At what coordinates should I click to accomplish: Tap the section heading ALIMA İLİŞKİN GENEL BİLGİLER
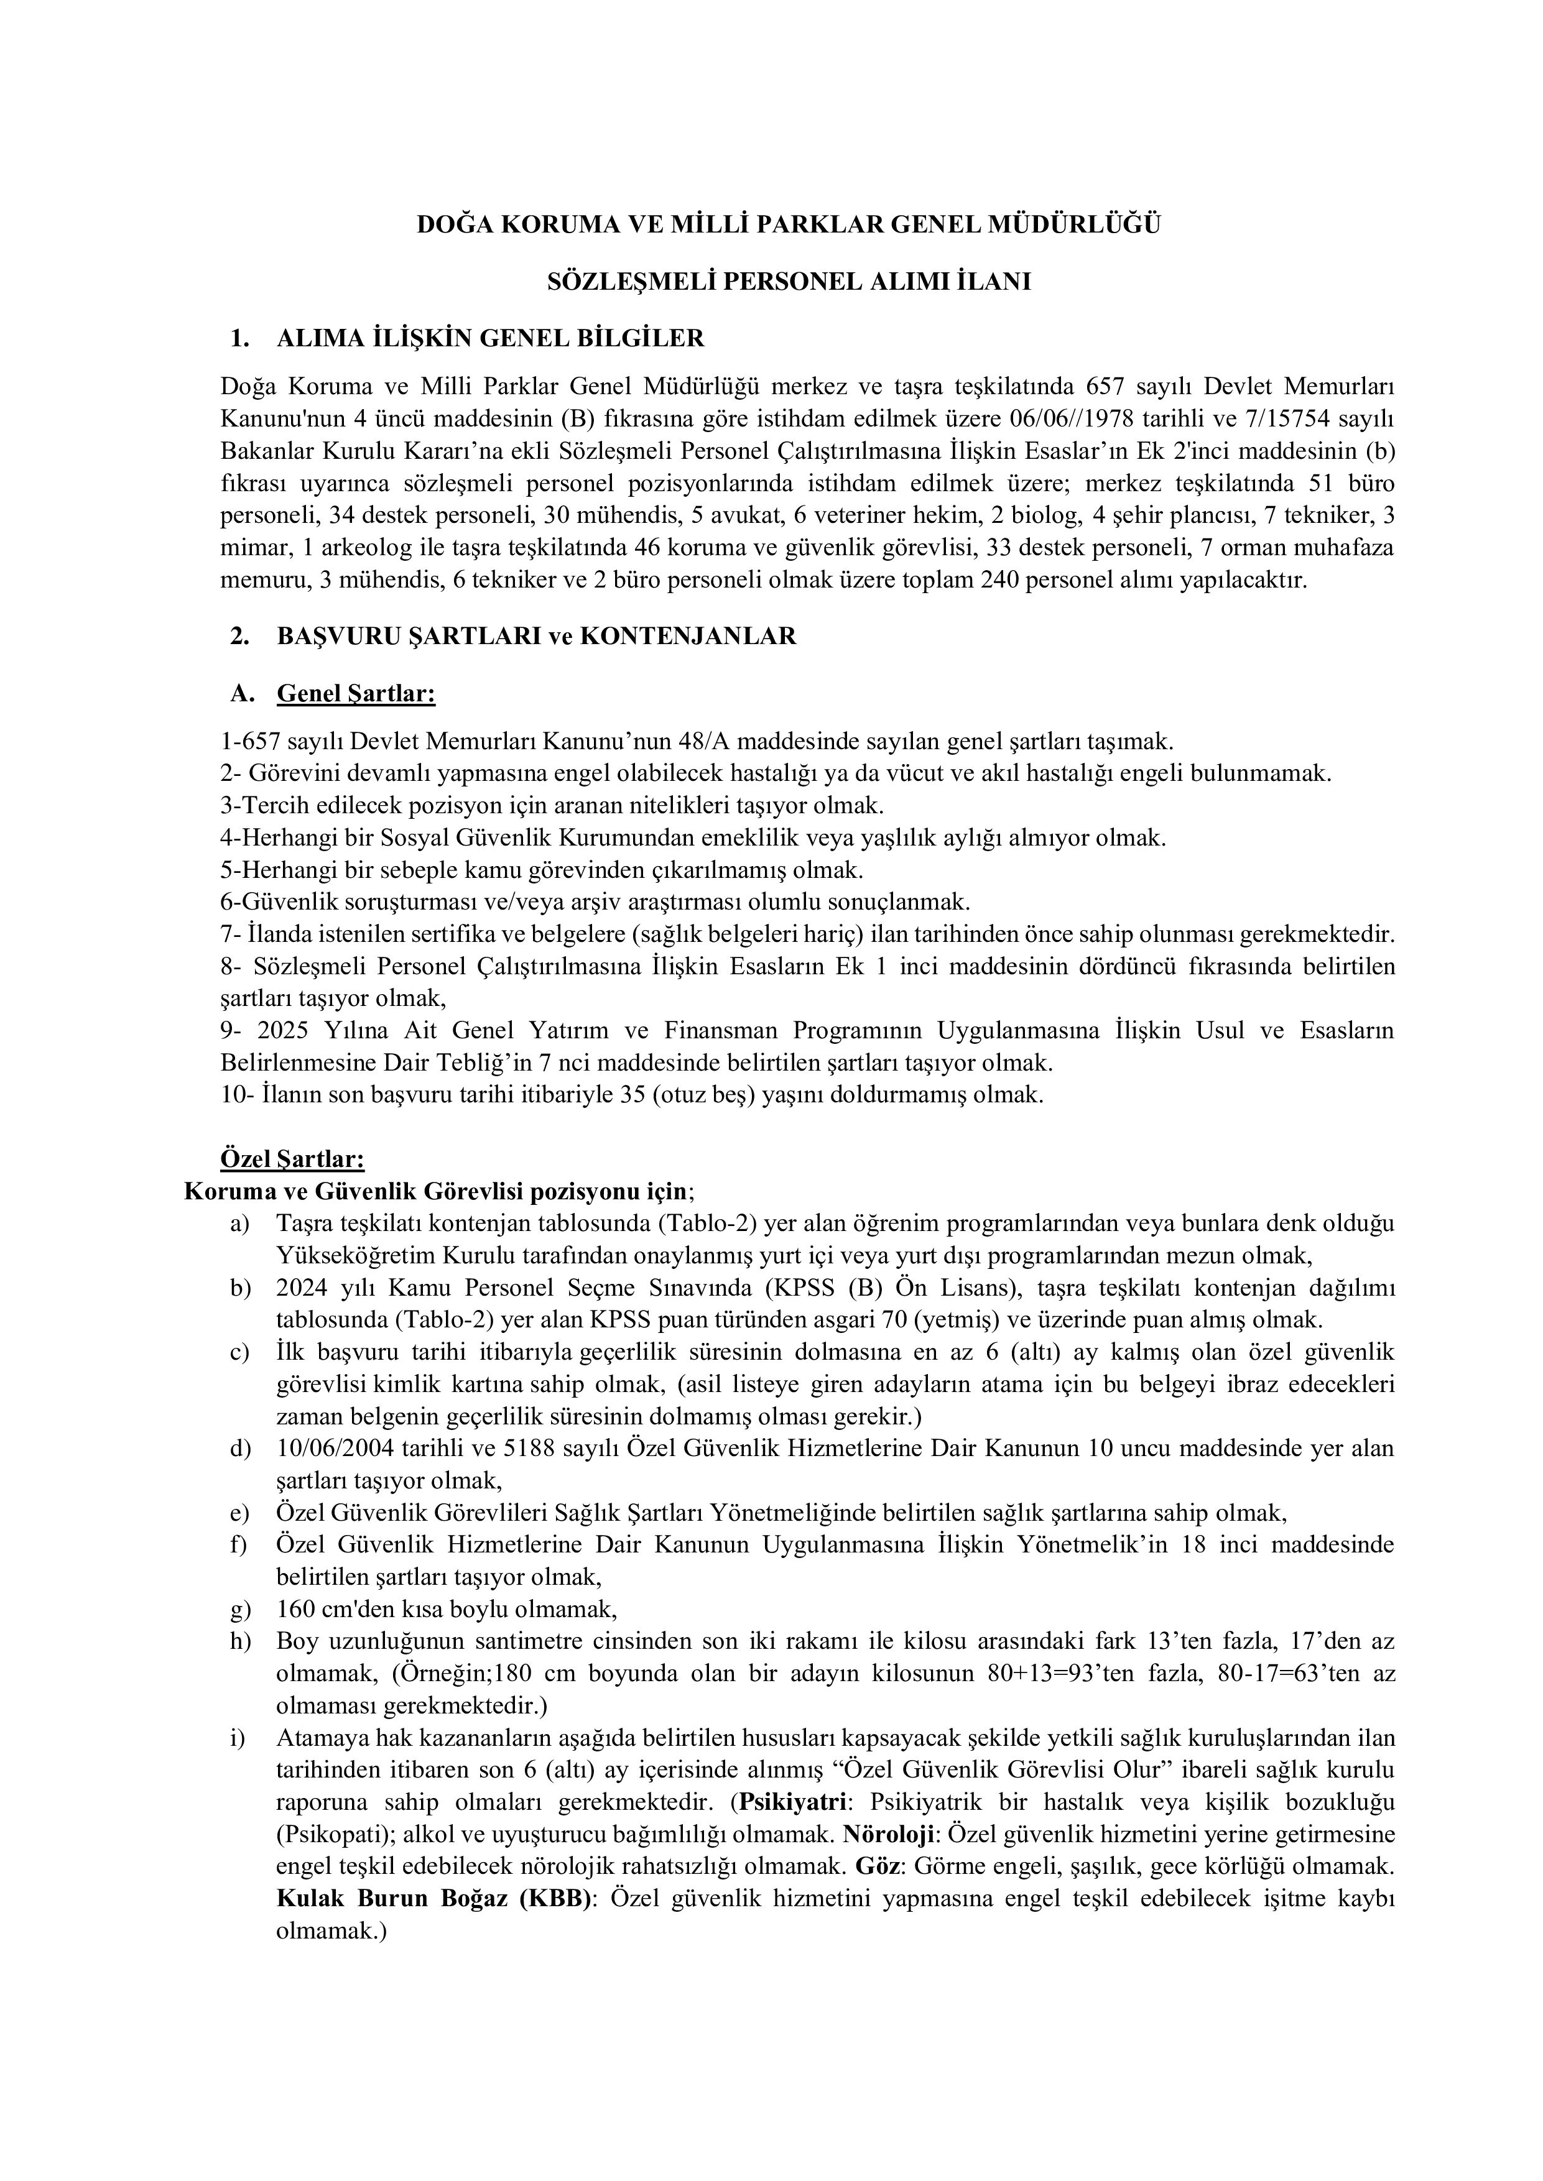490,338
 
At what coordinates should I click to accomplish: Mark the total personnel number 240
1072,581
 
